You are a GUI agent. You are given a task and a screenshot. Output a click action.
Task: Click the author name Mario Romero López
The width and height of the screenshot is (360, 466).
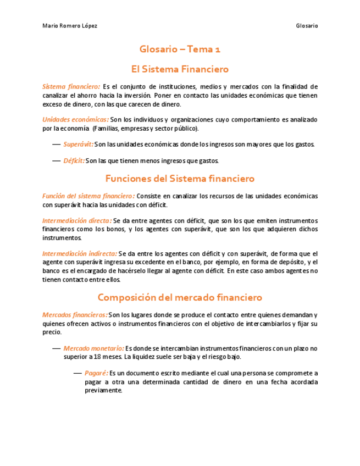point(70,26)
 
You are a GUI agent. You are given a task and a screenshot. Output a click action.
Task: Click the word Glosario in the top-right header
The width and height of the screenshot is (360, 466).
point(307,26)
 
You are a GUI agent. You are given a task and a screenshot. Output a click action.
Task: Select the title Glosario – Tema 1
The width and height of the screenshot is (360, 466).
point(180,49)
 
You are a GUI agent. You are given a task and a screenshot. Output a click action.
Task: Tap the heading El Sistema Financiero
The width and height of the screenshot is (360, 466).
point(180,70)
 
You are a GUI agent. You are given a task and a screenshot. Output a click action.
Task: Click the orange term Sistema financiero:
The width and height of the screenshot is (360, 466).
point(71,87)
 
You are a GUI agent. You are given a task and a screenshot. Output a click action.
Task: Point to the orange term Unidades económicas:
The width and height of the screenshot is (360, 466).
point(75,120)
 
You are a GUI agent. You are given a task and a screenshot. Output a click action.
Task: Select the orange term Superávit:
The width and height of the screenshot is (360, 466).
point(78,145)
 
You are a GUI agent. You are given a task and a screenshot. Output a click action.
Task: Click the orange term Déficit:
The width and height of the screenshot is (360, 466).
point(74,161)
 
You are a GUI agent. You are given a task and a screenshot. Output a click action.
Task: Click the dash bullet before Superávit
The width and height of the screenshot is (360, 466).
point(56,145)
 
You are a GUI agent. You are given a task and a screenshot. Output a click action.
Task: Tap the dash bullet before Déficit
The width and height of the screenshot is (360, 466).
point(56,161)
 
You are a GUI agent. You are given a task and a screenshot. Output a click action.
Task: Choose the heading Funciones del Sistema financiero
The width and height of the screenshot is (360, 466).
point(180,179)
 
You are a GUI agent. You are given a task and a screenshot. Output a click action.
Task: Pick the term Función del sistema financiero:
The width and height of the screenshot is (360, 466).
point(88,196)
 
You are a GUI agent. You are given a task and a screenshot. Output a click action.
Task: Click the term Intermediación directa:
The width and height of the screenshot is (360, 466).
point(77,221)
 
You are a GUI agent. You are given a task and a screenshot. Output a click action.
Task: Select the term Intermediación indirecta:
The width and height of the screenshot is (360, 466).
point(80,254)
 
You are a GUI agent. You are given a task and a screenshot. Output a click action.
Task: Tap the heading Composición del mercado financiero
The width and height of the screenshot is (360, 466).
point(180,297)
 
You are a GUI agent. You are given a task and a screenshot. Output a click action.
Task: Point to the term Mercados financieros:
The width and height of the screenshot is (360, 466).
point(75,315)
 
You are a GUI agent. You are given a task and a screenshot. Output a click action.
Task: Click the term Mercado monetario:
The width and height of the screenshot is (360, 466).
point(93,348)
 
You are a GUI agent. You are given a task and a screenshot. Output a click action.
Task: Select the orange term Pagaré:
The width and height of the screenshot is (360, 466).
point(96,373)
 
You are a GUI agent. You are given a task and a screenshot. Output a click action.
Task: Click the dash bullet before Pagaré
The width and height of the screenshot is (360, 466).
point(77,373)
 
